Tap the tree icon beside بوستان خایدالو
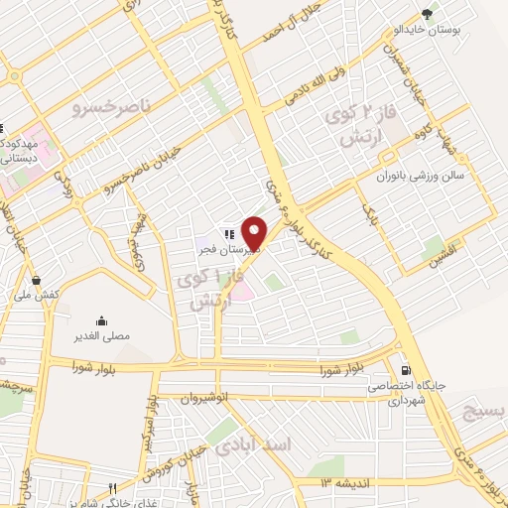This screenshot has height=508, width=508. pyautogui.click(x=428, y=14)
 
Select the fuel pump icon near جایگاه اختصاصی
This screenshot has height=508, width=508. pyautogui.click(x=404, y=364)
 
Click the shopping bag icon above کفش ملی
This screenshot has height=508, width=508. pyautogui.click(x=38, y=280)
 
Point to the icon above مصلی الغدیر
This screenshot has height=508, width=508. pyautogui.click(x=101, y=320)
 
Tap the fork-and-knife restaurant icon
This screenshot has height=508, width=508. pyautogui.click(x=113, y=487)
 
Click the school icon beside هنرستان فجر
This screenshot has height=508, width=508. pyautogui.click(x=228, y=233)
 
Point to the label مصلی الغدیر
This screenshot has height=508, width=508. pyautogui.click(x=102, y=336)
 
